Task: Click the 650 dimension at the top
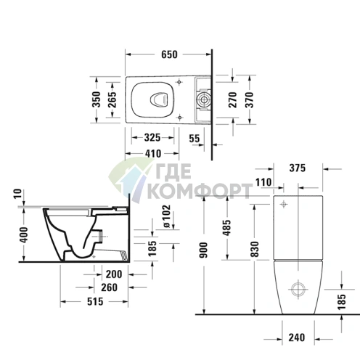(169, 54)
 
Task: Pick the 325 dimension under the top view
(152, 136)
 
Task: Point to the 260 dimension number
(110, 287)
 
